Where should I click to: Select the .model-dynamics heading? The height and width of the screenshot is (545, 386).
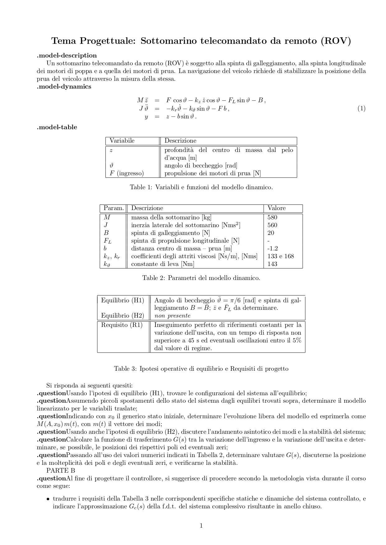64,87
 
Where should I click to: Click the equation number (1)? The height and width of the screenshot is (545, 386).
361,108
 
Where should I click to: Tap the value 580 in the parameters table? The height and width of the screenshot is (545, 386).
272,218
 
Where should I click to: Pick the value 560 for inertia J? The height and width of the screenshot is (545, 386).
272,225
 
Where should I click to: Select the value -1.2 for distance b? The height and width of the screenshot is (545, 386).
272,249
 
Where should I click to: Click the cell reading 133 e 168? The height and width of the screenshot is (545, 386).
281,256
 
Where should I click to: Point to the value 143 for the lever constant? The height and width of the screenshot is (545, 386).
272,264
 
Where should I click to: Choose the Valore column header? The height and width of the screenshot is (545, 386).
277,208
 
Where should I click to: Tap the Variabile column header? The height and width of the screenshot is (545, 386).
122,141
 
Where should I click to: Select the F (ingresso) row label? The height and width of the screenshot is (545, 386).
127,173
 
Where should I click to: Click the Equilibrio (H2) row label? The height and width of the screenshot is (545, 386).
123,316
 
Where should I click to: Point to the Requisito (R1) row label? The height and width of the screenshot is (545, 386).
122,325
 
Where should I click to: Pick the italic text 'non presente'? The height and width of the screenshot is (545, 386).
172,316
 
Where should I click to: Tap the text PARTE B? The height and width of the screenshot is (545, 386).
61,470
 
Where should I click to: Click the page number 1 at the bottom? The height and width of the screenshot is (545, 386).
201,526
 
